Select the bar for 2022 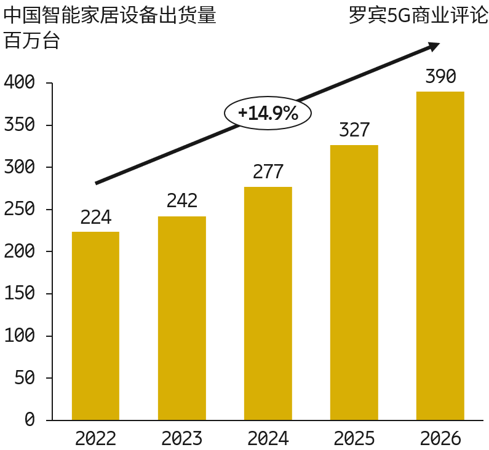(x=95, y=326)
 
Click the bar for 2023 (x=182, y=318)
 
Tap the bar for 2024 (x=268, y=303)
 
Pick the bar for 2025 (x=354, y=282)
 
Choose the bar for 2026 (x=440, y=256)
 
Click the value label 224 (x=95, y=218)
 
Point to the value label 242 (x=182, y=201)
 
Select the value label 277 (x=268, y=172)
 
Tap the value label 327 (x=354, y=130)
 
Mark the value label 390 (x=440, y=77)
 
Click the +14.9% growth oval (x=268, y=113)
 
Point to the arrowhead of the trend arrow (x=434, y=46)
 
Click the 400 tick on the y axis (x=20, y=83)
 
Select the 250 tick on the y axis (x=20, y=210)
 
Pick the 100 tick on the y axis (x=20, y=336)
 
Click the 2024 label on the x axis (x=268, y=439)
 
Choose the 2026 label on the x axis (x=440, y=439)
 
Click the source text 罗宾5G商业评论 (x=418, y=16)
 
